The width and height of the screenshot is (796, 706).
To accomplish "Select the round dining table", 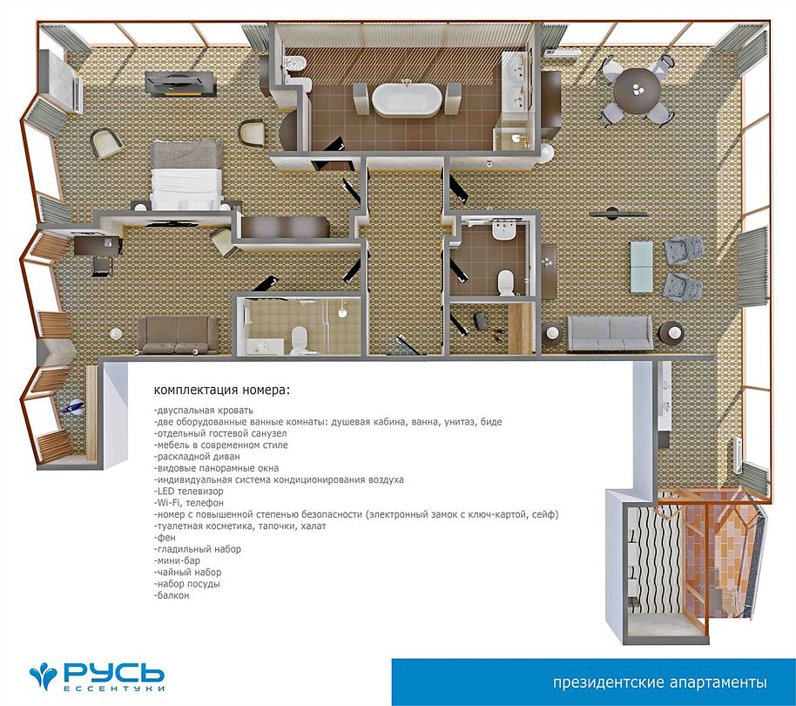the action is click(637, 91).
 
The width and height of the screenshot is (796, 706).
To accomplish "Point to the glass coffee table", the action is click(641, 267).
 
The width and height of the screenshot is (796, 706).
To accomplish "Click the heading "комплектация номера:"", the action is click(222, 390).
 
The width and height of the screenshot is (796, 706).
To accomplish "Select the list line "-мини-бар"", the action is click(177, 560).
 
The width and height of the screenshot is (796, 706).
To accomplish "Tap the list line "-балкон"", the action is click(172, 595).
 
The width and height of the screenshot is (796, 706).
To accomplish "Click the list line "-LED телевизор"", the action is click(188, 492).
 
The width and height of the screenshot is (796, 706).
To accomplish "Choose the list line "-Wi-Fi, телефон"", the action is click(188, 503).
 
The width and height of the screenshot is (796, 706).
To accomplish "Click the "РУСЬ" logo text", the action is click(113, 673).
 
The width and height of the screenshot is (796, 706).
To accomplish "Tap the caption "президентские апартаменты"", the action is click(660, 682).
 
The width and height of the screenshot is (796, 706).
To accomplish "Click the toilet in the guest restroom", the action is click(506, 282).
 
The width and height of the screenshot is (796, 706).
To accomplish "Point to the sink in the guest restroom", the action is click(503, 231).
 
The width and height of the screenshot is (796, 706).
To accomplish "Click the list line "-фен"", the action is click(165, 538).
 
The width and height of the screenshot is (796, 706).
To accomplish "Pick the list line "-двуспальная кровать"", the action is click(203, 411).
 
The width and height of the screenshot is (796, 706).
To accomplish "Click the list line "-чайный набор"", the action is click(187, 572).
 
